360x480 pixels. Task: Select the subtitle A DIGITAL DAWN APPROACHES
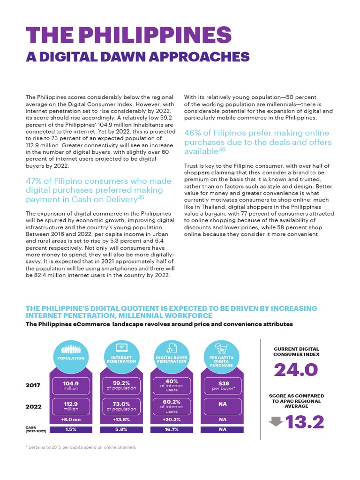pos(137,57)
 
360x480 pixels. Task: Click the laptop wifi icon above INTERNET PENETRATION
pos(121,348)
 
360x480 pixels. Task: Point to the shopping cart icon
pos(221,347)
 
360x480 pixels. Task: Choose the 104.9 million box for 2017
pos(71,385)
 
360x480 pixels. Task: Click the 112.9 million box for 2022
pos(71,406)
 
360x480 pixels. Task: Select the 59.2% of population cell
pos(121,385)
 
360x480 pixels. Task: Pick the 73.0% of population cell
pos(121,406)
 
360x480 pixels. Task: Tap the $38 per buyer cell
pos(223,385)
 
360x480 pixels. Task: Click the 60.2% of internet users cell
pos(172,406)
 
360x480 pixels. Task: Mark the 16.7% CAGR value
pos(172,429)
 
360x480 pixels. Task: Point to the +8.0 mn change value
pos(71,420)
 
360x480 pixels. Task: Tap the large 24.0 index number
pos(296,370)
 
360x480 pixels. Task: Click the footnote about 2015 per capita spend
pos(80,447)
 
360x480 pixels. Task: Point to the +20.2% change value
pos(172,420)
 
